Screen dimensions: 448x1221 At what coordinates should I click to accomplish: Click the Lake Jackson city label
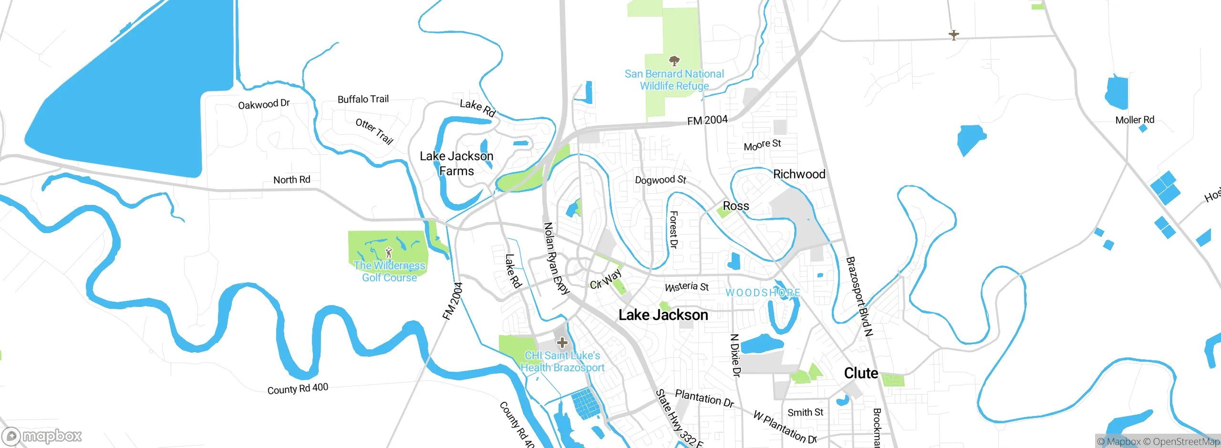[x=663, y=315]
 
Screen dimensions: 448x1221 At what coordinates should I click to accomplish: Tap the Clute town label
[x=861, y=373]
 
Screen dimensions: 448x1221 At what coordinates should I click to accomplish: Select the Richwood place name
[x=799, y=174]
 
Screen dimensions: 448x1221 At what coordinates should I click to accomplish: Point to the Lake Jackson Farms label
[x=456, y=163]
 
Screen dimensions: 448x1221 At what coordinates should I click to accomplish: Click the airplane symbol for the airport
[x=953, y=35]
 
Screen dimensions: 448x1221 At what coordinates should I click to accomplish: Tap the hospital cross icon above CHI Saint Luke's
[x=562, y=343]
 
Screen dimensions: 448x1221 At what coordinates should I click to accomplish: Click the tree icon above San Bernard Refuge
[x=674, y=61]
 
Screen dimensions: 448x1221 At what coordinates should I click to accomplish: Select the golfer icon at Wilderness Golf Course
[x=389, y=252]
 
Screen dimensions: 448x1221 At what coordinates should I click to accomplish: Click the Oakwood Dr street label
[x=264, y=104]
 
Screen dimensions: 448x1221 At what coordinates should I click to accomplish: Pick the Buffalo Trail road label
[x=363, y=99]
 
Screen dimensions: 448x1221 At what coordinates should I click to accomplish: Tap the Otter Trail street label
[x=374, y=131]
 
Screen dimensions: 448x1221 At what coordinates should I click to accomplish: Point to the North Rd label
[x=291, y=180]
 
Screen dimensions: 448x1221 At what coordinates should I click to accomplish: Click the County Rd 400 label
[x=298, y=389]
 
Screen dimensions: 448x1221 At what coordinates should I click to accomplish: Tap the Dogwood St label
[x=660, y=180]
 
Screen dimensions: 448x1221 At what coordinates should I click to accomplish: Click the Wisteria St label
[x=687, y=287]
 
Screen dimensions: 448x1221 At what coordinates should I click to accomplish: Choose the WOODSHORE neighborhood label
[x=763, y=293]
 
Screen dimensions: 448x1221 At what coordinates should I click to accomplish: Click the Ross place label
[x=736, y=206]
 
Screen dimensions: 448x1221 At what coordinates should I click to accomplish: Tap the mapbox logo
[x=42, y=436]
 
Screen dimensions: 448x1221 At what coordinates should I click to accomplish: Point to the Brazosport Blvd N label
[x=859, y=296]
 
